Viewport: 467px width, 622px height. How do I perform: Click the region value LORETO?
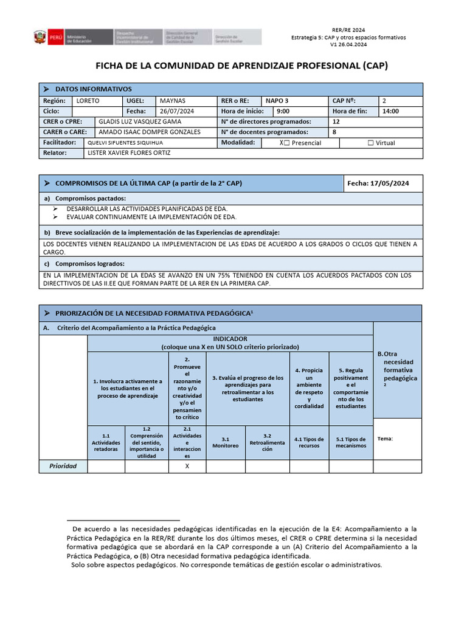(x=88, y=100)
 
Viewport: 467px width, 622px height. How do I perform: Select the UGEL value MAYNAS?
(x=173, y=100)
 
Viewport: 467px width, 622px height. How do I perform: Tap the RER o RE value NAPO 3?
(x=277, y=100)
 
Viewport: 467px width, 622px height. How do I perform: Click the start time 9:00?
(x=283, y=111)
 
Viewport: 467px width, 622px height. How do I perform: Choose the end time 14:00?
(x=391, y=111)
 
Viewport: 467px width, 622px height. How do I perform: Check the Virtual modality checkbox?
(x=371, y=143)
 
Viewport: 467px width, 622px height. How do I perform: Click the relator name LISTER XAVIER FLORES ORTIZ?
(x=130, y=153)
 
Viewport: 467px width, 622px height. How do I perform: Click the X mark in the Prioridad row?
(x=187, y=466)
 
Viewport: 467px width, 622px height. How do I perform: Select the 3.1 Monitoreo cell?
(x=226, y=442)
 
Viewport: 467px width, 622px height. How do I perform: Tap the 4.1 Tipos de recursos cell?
(x=310, y=442)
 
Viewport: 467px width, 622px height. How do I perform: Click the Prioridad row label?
(x=63, y=466)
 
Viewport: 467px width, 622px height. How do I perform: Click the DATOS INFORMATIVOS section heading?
(x=93, y=89)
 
